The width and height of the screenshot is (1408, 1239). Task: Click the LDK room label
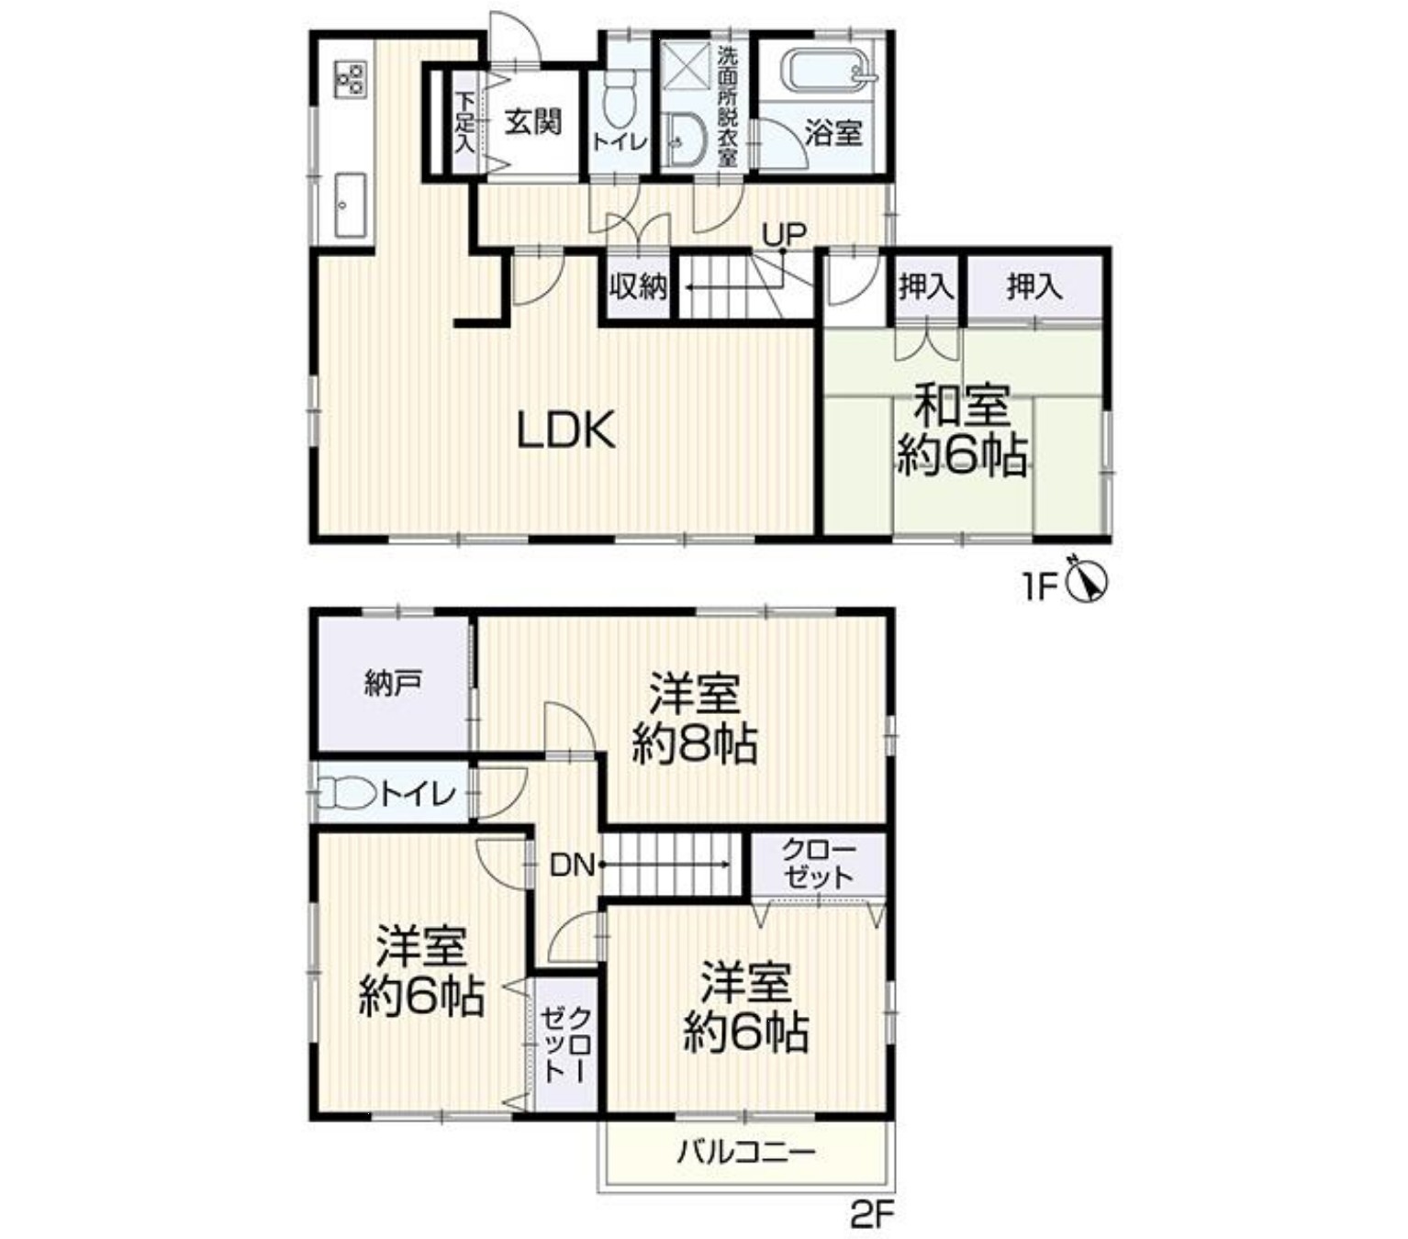pos(565,430)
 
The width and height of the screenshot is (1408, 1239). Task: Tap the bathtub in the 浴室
pos(831,72)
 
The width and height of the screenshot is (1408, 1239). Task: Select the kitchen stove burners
pos(350,78)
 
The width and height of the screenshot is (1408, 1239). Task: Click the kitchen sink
pos(350,205)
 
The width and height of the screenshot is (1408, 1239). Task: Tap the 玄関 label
pos(533,123)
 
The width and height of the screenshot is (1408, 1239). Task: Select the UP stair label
pos(784,234)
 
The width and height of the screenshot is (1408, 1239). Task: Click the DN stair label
pos(571,865)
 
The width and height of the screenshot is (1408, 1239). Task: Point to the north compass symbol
pos(1088,581)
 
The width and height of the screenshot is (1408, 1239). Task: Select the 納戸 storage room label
pos(393,685)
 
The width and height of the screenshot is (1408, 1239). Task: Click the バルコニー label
pos(745,1153)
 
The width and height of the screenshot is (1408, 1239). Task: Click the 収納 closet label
pos(638,286)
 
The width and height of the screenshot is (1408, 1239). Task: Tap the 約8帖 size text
pos(694,745)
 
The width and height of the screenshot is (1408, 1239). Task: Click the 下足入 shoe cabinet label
pos(464,124)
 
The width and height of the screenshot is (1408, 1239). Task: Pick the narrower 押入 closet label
pos(926,286)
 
